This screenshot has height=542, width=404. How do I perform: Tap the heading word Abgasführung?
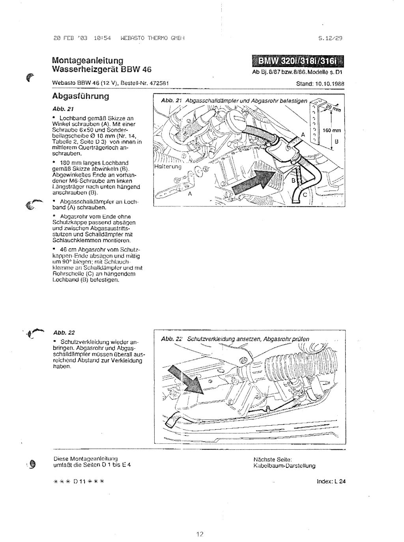(80, 96)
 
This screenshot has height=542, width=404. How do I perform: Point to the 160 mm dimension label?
(332, 131)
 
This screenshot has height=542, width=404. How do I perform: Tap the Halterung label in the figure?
(167, 166)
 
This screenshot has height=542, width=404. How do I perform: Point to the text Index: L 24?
(331, 481)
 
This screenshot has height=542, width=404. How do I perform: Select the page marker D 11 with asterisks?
(78, 481)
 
